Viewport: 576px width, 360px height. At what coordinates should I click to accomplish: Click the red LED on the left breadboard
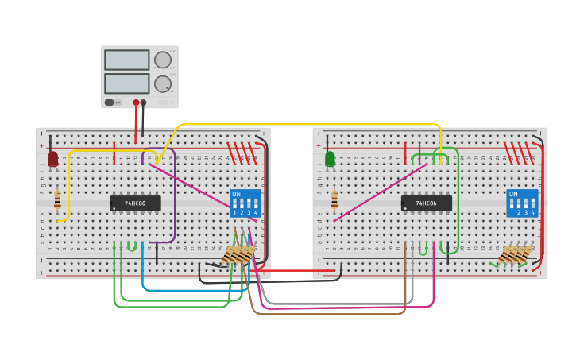point(53,159)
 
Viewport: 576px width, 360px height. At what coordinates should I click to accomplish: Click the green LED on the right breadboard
point(330,159)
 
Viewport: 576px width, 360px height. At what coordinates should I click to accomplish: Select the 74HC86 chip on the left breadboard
point(135,203)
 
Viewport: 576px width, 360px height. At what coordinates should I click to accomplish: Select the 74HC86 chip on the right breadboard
point(427,203)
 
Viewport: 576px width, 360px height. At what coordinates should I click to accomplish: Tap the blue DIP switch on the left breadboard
point(245,203)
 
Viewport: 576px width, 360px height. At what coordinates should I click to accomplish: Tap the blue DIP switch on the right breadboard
point(522,203)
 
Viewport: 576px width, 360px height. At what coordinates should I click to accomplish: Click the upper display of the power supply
point(126,60)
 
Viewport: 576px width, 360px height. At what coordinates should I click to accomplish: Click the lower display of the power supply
point(126,83)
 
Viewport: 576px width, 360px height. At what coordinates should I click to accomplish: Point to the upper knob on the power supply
point(162,60)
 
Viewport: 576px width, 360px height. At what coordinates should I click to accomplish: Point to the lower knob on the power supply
point(162,83)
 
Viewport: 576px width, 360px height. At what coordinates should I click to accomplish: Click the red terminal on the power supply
point(136,103)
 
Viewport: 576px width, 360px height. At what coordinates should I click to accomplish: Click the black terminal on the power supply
point(143,103)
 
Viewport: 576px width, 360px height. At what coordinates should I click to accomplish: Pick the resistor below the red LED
point(57,199)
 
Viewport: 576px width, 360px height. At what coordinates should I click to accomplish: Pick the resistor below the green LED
point(334,199)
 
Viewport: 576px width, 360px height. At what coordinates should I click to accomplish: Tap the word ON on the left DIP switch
point(236,194)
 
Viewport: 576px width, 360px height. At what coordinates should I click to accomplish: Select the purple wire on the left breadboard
point(174,199)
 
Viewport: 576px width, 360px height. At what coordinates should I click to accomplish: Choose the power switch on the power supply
point(110,103)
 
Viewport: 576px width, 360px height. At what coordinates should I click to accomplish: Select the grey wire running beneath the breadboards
point(334,304)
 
